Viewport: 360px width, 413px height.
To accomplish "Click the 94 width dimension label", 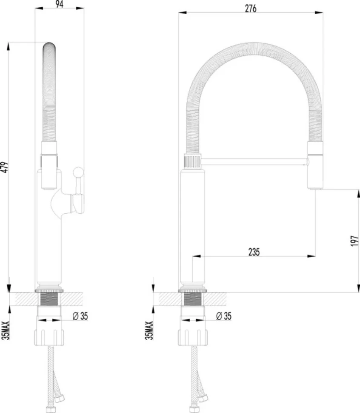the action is pyautogui.click(x=60, y=4).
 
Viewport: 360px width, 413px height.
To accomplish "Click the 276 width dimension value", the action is pyautogui.click(x=251, y=9).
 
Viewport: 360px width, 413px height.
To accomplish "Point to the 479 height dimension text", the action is pyautogui.click(x=5, y=167).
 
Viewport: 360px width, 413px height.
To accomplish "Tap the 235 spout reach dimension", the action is pyautogui.click(x=254, y=252).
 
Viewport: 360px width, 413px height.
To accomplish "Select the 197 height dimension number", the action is pyautogui.click(x=355, y=241).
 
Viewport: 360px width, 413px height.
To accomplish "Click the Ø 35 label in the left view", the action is pyautogui.click(x=80, y=316).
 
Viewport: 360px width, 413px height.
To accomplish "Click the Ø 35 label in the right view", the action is pyautogui.click(x=224, y=316).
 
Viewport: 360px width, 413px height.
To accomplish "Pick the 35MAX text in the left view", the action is pyautogui.click(x=5, y=330).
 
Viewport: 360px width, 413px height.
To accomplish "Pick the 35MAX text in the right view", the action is pyautogui.click(x=149, y=330).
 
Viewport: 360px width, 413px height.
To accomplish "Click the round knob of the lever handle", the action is pyautogui.click(x=78, y=172).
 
